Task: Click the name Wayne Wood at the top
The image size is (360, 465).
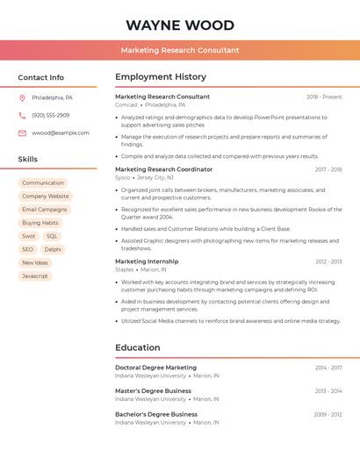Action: [x=180, y=25]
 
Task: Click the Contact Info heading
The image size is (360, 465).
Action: [x=40, y=77]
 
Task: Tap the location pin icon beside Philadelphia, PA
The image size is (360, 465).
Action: [x=22, y=97]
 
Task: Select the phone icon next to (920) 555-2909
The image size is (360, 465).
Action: [x=22, y=115]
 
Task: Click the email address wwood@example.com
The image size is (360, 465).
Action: [x=61, y=132]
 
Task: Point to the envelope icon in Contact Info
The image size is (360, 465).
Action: [x=22, y=132]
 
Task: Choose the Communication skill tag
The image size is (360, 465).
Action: [x=43, y=182]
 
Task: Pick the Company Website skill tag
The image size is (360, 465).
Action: [x=45, y=196]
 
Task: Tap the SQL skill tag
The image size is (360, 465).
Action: [x=52, y=236]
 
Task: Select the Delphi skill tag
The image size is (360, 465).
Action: [x=53, y=249]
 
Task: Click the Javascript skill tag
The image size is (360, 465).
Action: [x=35, y=275]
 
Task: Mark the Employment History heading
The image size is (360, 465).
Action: [x=161, y=77]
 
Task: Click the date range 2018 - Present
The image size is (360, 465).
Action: [x=324, y=97]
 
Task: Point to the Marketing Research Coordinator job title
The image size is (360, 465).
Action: [x=163, y=168]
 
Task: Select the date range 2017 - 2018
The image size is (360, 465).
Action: [x=328, y=169]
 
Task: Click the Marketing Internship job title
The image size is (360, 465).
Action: [x=147, y=261]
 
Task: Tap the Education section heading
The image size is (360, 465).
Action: [x=138, y=347]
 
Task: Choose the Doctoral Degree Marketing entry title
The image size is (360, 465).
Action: [x=155, y=368]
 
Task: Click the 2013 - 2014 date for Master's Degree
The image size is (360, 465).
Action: [x=328, y=391]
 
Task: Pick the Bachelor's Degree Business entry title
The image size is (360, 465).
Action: [x=155, y=414]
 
